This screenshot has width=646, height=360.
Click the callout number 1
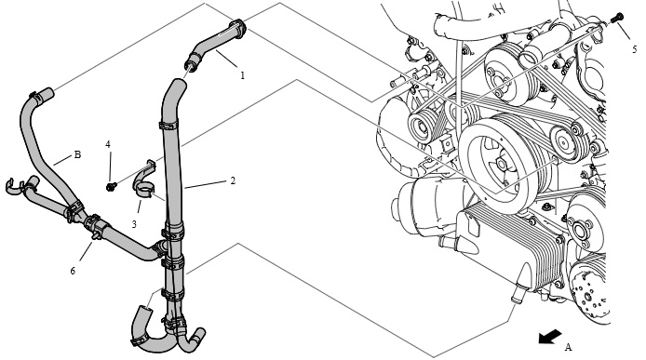point(243,75)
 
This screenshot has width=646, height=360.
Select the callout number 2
point(233,180)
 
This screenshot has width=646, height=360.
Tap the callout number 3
point(134,224)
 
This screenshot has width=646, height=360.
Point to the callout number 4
point(108,144)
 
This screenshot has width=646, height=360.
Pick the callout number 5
point(635,49)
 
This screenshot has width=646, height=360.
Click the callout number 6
point(73,271)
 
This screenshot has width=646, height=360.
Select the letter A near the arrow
point(568,347)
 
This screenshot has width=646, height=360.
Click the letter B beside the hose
point(77,154)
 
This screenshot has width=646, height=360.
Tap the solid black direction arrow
point(549,336)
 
